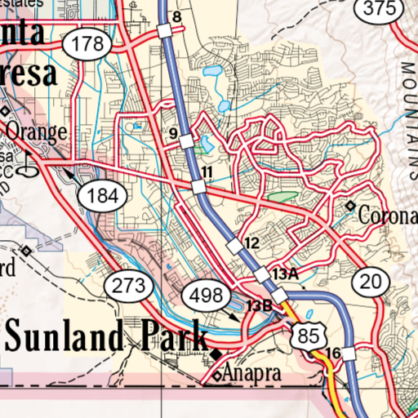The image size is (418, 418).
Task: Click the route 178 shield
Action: [x=87, y=45]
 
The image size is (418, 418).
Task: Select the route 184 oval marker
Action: [x=103, y=195]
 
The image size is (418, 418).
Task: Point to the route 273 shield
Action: [x=129, y=286]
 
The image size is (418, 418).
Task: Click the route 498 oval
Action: [x=207, y=295]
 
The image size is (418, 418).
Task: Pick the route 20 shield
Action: [x=370, y=282]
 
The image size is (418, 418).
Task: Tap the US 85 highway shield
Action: [x=308, y=335]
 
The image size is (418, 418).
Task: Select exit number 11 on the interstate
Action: [x=207, y=171]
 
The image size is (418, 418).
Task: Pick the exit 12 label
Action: [x=251, y=243]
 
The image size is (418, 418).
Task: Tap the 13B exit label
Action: [x=259, y=305]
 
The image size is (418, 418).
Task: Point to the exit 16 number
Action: [x=331, y=353]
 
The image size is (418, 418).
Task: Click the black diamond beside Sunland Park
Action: [x=216, y=353]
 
